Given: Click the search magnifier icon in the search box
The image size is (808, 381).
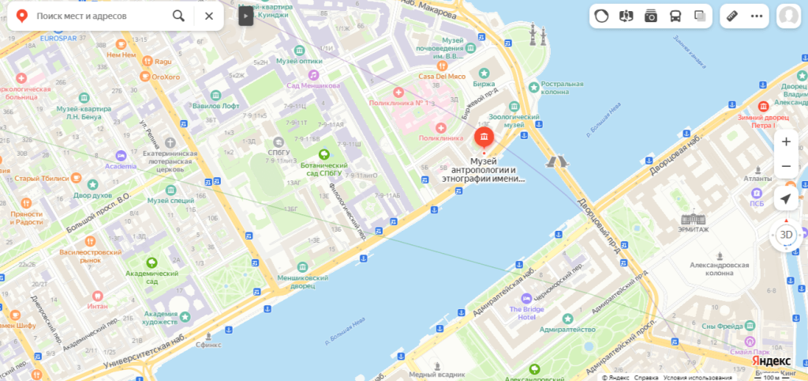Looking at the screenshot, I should coord(179,16).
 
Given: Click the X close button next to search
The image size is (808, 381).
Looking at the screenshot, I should coord(208,16).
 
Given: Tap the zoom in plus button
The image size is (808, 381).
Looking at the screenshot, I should coord(785,142).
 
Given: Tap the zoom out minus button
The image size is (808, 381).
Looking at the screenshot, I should coord(785,166).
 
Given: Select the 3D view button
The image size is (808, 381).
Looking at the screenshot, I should coord(785,235).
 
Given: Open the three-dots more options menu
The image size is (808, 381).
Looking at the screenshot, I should coord(757,16).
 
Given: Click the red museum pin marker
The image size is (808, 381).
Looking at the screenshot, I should coord(483,138).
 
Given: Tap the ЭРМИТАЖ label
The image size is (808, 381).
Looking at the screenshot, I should coord(695,229).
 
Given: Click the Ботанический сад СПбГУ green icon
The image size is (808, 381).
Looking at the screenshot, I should coord(323,155).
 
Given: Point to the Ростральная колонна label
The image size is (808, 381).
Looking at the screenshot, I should coord(562,89).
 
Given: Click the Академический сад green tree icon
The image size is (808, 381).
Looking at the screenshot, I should coord(151,262).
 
